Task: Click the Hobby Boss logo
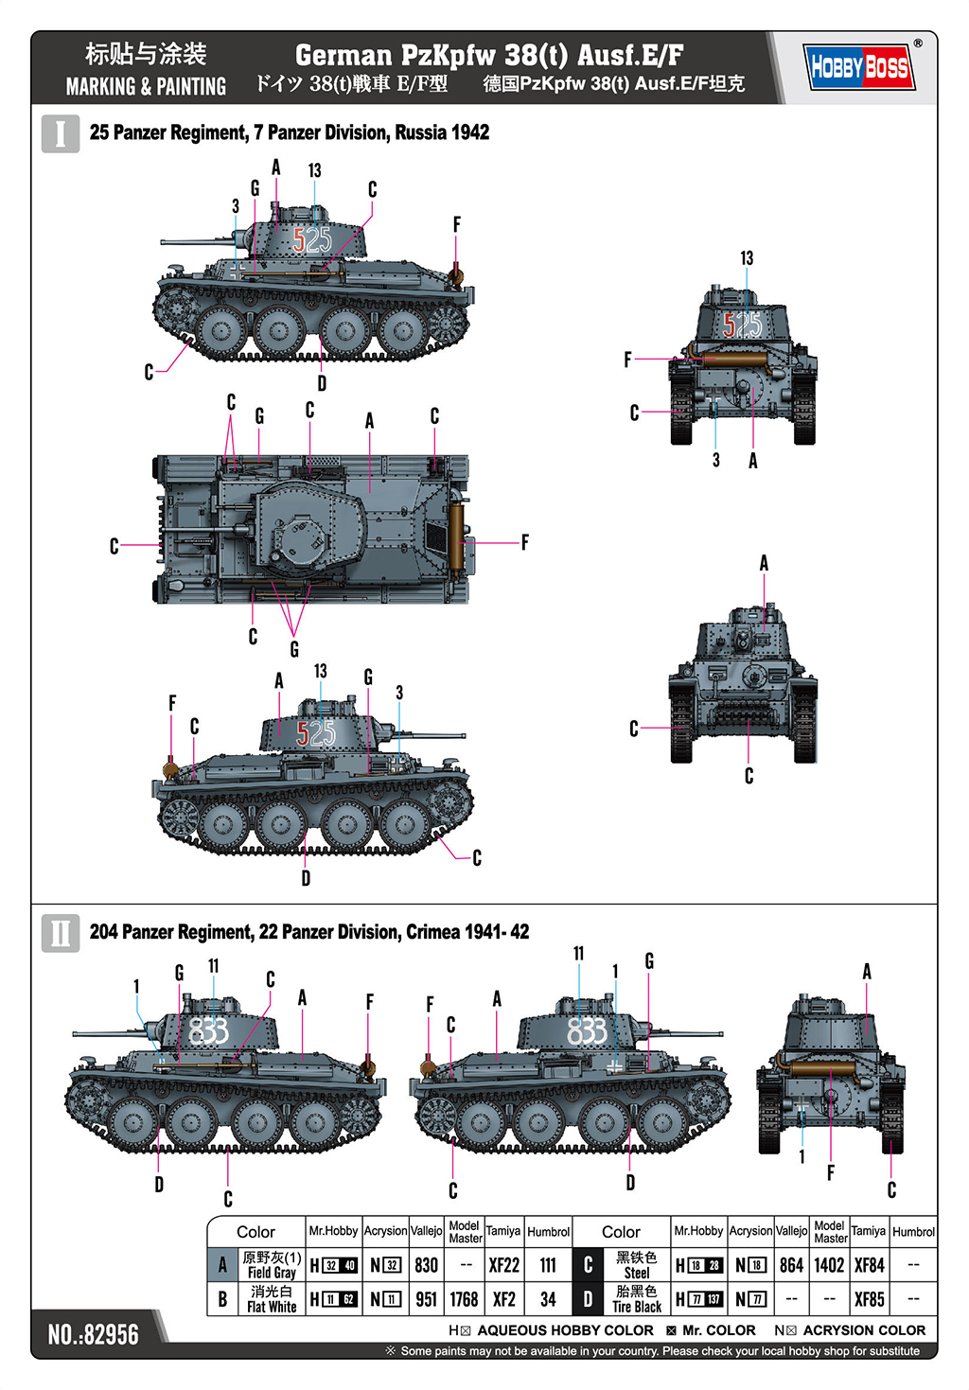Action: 859,66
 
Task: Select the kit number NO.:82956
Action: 93,1334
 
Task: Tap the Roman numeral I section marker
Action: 60,133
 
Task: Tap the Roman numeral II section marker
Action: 60,933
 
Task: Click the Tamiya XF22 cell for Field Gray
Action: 503,1265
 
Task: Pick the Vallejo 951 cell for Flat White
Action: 426,1299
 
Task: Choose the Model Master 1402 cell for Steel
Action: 829,1265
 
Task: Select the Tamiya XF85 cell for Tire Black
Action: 869,1299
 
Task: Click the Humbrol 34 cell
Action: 548,1299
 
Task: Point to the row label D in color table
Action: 588,1299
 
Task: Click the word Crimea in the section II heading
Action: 433,932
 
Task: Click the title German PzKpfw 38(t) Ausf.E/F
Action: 488,55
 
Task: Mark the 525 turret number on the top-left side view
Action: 311,240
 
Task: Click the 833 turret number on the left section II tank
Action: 208,1030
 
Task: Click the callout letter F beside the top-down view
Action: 525,542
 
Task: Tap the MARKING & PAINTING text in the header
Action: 146,87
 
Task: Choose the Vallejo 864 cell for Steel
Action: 791,1265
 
